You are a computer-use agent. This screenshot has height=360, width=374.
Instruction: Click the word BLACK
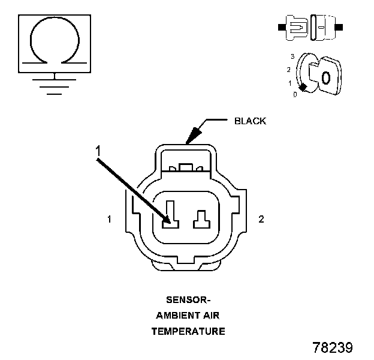click(x=250, y=121)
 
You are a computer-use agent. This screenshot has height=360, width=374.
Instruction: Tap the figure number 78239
click(x=333, y=347)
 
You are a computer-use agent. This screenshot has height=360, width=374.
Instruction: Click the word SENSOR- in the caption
click(x=188, y=300)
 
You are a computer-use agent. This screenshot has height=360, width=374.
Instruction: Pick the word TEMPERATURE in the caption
click(x=188, y=331)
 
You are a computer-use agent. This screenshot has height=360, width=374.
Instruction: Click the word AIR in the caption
click(x=211, y=316)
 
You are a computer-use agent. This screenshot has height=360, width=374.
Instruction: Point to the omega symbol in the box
click(x=55, y=40)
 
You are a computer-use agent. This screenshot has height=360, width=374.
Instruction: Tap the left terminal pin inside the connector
click(x=171, y=214)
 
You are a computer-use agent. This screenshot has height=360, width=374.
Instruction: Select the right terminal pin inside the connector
click(x=202, y=219)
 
